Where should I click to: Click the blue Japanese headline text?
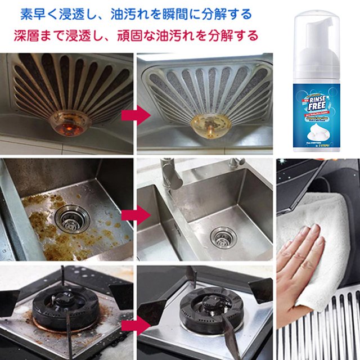pyautogui.click(x=136, y=13)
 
